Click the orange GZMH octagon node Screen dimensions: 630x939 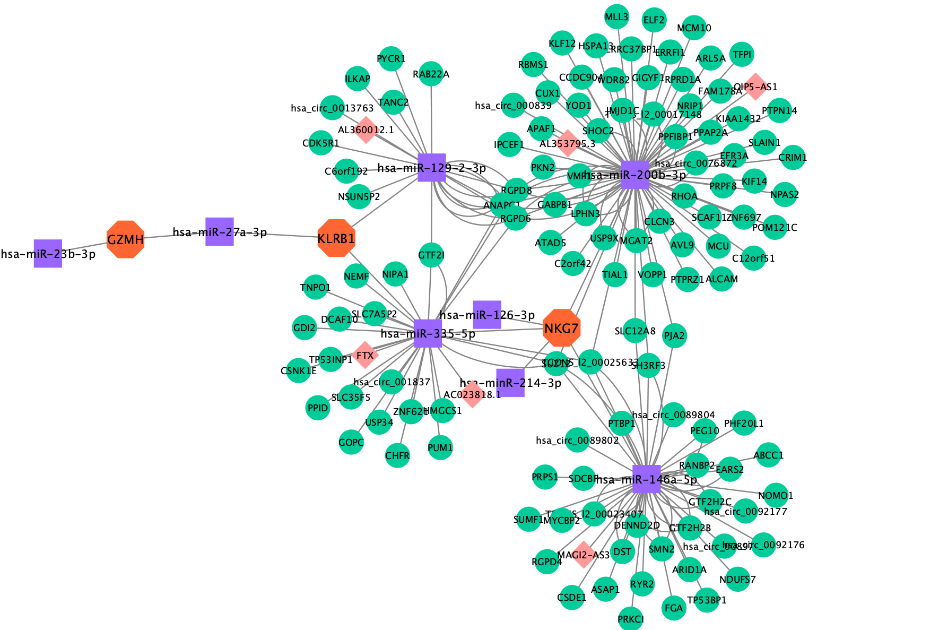[x=126, y=239]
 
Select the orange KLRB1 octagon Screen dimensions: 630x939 [x=336, y=238]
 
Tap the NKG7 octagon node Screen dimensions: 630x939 [x=562, y=329]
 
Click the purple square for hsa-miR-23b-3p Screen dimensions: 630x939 [x=48, y=253]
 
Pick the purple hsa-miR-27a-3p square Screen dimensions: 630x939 [x=219, y=231]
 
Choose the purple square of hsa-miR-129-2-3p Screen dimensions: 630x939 [x=431, y=168]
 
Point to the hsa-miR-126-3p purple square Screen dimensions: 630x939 [x=487, y=314]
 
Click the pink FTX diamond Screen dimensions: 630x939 [x=365, y=355]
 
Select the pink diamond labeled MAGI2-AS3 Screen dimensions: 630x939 [x=584, y=555]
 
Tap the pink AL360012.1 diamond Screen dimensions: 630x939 [x=366, y=130]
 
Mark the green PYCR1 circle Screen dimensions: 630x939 [x=391, y=58]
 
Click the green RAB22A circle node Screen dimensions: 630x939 [x=431, y=74]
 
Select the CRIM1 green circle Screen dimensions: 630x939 [x=793, y=158]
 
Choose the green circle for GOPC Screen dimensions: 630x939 [x=351, y=442]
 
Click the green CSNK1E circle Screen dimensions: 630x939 [x=299, y=370]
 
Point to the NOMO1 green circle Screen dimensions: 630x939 [x=776, y=495]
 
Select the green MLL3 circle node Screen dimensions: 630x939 [x=616, y=17]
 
